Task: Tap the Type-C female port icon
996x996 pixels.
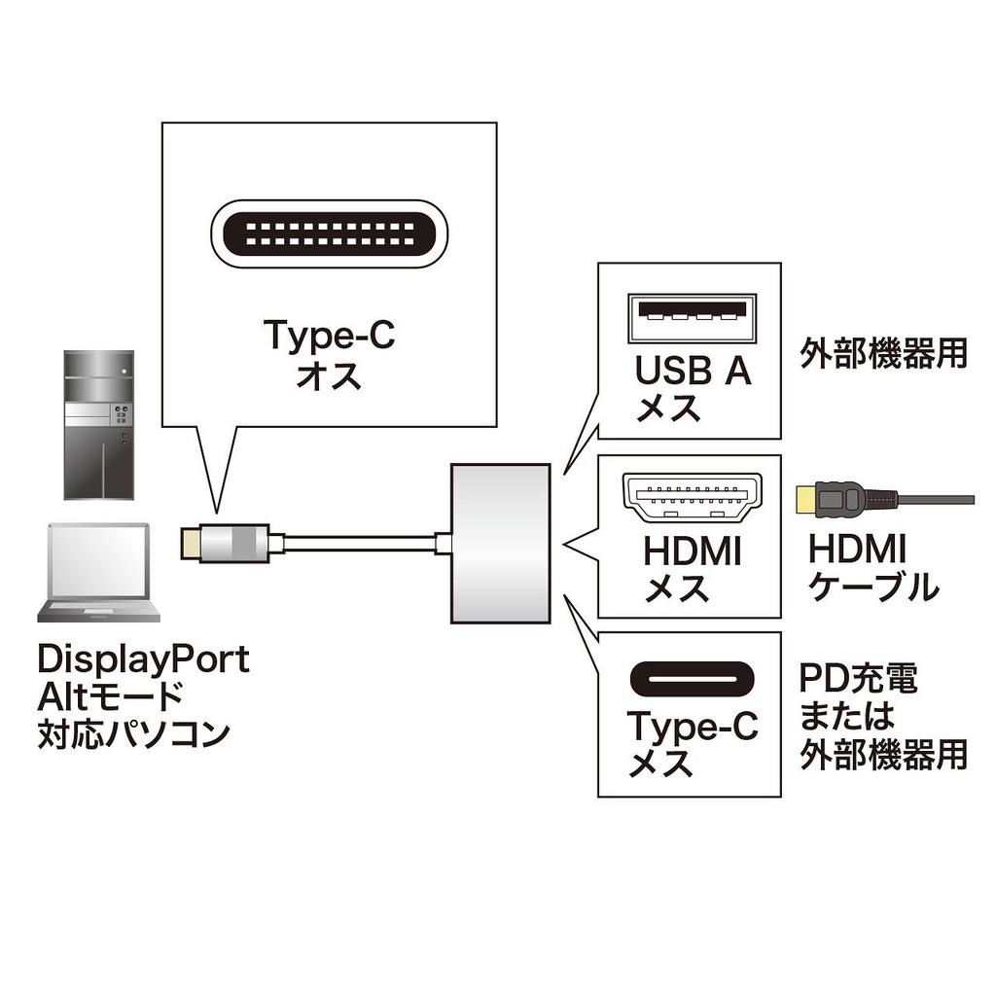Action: click(691, 679)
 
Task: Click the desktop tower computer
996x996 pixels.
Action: click(98, 425)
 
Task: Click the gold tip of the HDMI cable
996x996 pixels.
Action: click(804, 500)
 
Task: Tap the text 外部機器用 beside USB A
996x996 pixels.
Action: click(883, 354)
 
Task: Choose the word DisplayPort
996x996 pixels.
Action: click(143, 660)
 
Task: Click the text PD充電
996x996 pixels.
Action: click(857, 679)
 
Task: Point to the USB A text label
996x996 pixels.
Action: click(693, 371)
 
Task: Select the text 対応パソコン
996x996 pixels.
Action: click(133, 732)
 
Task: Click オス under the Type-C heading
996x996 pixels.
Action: click(330, 374)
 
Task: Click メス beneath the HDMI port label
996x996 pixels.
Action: click(677, 588)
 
